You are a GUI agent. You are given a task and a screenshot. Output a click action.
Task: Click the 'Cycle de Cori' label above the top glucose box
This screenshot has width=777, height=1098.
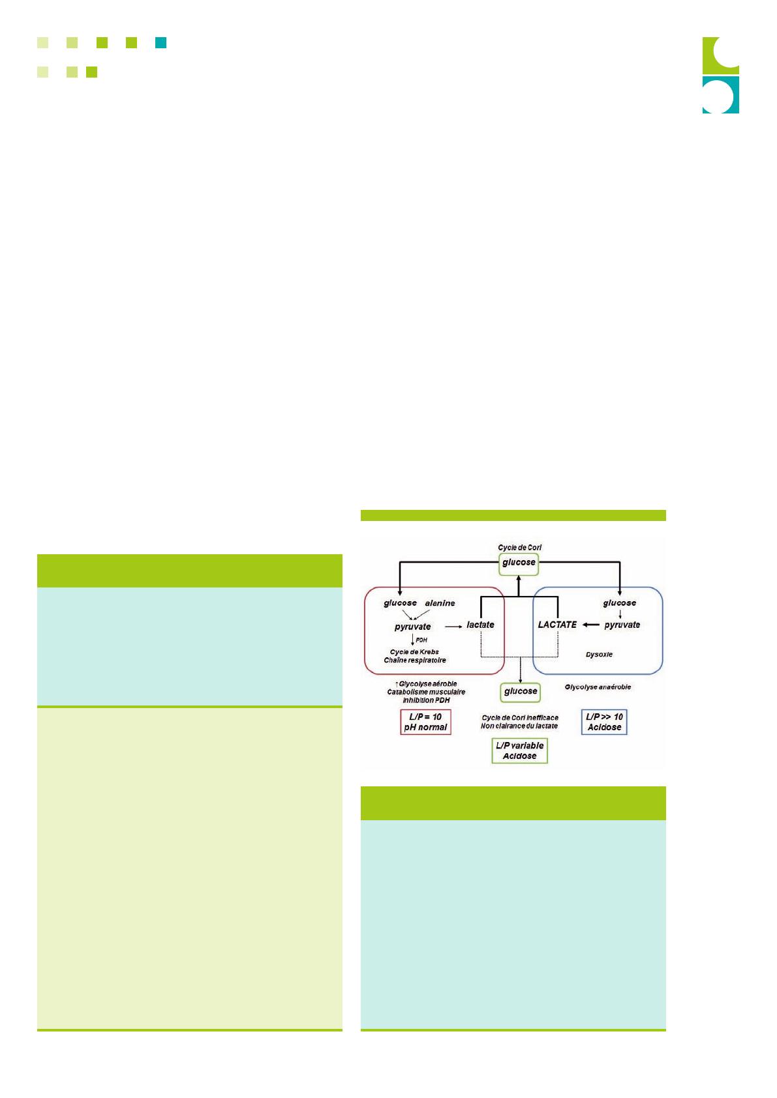tap(519, 547)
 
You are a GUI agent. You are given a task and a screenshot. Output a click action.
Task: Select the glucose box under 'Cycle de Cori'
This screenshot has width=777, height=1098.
tap(519, 564)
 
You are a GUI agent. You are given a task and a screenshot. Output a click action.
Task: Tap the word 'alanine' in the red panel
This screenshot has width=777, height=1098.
tap(440, 603)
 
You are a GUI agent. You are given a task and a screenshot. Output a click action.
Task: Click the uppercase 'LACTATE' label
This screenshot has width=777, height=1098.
tap(557, 625)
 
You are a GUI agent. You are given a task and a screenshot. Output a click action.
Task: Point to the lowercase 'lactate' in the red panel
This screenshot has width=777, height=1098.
tap(480, 625)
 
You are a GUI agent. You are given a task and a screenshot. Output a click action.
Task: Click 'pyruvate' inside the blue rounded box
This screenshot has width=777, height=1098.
tap(622, 625)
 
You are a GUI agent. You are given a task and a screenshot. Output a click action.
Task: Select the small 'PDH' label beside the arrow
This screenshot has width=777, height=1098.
tap(421, 640)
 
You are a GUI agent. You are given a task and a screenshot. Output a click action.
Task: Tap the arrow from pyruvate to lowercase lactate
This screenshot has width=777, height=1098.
tap(453, 627)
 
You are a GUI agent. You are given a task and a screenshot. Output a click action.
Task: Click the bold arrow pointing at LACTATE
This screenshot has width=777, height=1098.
tap(590, 625)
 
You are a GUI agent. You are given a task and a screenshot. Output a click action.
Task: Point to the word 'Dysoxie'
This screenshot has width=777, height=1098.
tap(599, 655)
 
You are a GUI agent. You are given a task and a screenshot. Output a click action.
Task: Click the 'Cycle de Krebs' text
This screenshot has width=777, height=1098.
tap(414, 652)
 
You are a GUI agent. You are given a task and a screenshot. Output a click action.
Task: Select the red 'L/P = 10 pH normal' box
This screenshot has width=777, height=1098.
tap(425, 722)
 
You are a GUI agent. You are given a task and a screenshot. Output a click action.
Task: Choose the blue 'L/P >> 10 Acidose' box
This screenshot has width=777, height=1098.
tap(604, 722)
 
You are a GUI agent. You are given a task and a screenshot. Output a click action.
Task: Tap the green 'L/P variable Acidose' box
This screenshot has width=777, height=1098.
tap(519, 750)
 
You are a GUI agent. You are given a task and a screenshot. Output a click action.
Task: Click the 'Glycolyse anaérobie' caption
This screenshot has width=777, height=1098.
tap(598, 687)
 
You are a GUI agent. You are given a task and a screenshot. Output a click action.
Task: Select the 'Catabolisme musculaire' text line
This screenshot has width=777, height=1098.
tap(426, 692)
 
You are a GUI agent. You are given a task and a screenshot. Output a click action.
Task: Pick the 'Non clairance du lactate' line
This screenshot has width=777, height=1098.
tap(519, 726)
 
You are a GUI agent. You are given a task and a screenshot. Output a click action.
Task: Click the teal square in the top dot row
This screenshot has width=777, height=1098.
tap(160, 42)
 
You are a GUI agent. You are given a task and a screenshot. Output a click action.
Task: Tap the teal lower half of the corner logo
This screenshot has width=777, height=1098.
tap(721, 95)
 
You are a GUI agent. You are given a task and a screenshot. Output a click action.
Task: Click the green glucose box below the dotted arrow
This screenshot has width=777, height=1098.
tap(520, 692)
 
